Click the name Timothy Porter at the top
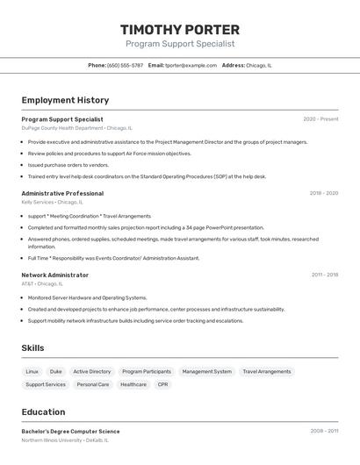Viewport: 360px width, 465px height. [180, 29]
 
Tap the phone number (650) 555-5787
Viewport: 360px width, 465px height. [125, 65]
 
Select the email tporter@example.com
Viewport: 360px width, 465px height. [191, 65]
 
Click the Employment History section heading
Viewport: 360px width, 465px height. [65, 100]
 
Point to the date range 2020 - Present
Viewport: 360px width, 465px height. [320, 119]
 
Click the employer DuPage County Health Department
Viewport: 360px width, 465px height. [62, 127]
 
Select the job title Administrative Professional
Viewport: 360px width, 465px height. [62, 193]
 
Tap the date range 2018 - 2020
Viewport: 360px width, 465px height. [323, 193]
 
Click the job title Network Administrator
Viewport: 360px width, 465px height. [54, 275]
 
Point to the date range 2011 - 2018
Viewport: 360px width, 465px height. [324, 275]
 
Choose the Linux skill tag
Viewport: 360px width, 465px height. [32, 371]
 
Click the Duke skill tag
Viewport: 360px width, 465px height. [56, 371]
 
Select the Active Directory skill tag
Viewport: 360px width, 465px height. [92, 371]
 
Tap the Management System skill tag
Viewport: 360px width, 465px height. [207, 371]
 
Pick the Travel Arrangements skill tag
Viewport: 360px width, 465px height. [266, 371]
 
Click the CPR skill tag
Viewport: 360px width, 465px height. [162, 384]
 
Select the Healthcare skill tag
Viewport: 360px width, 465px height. [133, 384]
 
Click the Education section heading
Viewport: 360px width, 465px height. [43, 411]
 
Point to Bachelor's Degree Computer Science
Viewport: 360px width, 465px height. [70, 432]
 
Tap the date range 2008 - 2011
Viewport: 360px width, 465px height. [324, 432]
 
